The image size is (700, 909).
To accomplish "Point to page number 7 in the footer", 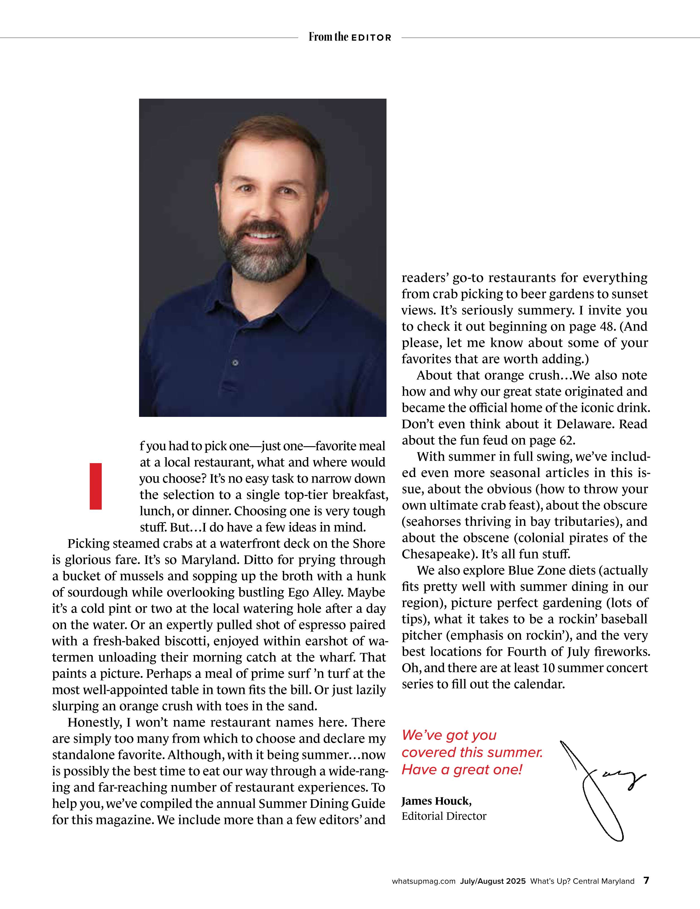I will point(646,881).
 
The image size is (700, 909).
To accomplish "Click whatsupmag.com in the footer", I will point(423,881).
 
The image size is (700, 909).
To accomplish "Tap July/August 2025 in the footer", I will point(493,881).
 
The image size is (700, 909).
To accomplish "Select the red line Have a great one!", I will point(461,770).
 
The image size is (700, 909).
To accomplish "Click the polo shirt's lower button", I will point(235,363).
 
